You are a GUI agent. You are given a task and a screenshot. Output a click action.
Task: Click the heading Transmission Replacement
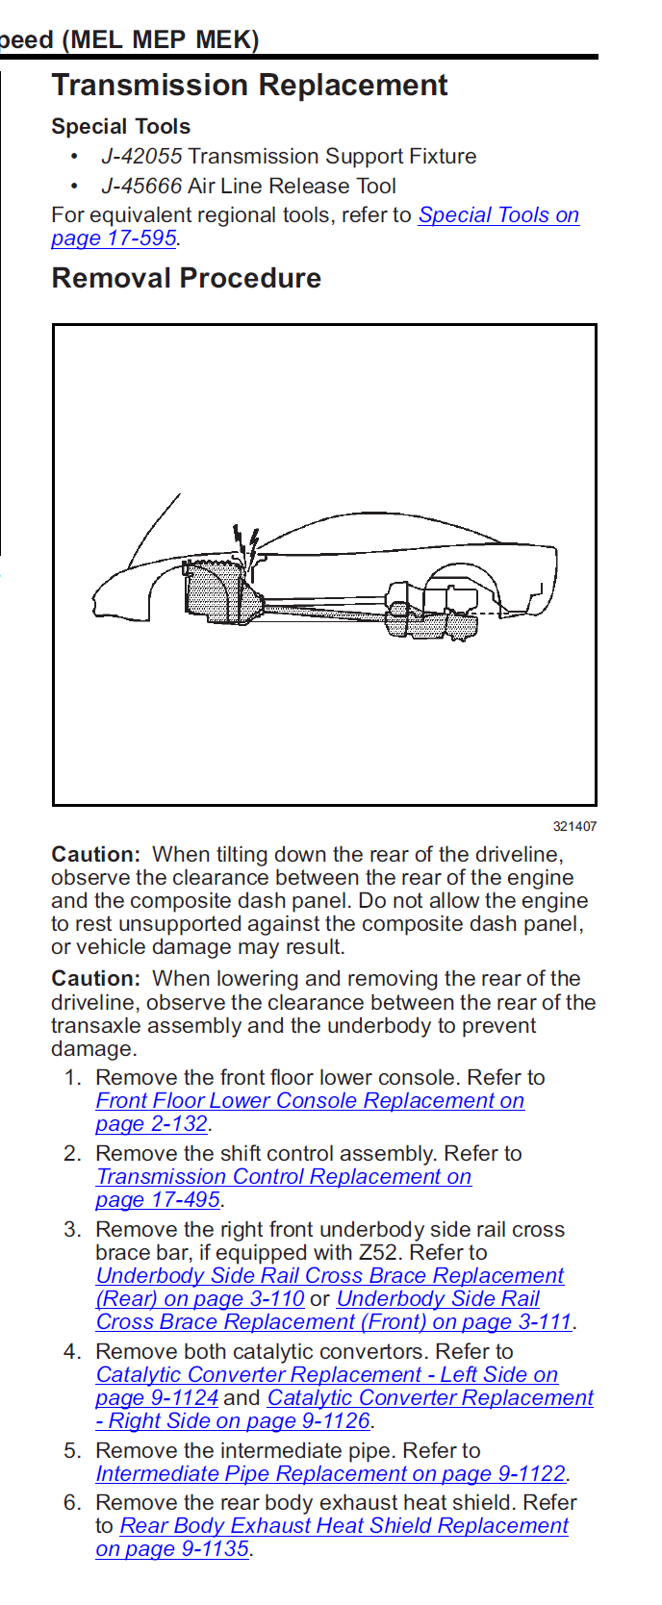tap(249, 86)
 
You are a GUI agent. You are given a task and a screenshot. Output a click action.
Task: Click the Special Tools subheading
tap(120, 127)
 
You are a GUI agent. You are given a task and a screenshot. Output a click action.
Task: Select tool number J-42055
tap(141, 157)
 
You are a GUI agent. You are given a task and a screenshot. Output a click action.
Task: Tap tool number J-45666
tap(141, 187)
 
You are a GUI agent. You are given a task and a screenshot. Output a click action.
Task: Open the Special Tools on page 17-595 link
tap(497, 215)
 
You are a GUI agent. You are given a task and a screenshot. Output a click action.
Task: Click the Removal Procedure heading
tap(186, 279)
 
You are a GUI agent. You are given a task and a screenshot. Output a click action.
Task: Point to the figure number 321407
tap(574, 826)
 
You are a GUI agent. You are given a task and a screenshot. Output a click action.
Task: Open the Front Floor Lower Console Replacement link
tap(309, 1101)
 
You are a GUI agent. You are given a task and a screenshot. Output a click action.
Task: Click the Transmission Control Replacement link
tap(284, 1177)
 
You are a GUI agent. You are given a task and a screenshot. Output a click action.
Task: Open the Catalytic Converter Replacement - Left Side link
tap(327, 1375)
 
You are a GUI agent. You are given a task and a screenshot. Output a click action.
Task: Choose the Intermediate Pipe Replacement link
tap(330, 1474)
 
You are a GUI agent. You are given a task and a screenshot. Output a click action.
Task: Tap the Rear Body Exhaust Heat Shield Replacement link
tap(344, 1526)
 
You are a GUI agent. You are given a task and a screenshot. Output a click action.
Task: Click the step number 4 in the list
tap(72, 1352)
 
